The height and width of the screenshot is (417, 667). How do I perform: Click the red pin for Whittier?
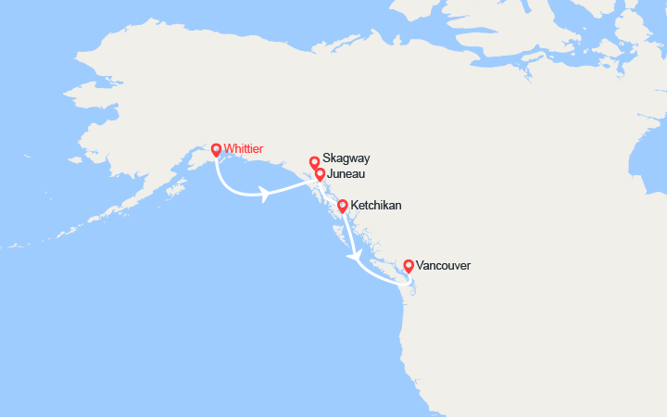tap(216, 149)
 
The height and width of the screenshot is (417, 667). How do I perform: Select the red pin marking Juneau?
tap(320, 173)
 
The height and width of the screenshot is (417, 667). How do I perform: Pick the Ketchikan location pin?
tap(342, 206)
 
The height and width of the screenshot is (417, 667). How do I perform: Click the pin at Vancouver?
tap(408, 266)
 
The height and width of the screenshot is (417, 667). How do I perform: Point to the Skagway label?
tap(346, 158)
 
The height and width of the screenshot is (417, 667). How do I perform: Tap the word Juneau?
tap(346, 173)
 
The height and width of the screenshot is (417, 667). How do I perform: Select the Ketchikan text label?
tap(376, 205)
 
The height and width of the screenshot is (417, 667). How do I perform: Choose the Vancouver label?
tap(443, 265)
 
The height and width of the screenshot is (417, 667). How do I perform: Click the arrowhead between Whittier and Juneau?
tap(266, 195)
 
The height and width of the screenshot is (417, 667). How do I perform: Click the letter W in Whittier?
tap(228, 147)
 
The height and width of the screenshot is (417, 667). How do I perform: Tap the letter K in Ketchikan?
tap(355, 205)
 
